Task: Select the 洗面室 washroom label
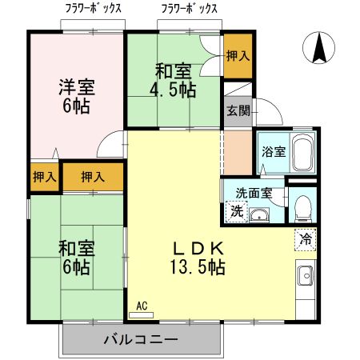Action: [254, 193]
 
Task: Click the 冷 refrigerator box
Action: [306, 238]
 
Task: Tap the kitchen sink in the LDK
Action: [306, 277]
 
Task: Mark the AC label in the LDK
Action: [142, 306]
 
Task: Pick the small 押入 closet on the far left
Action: [44, 177]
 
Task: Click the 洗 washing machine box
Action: [236, 212]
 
